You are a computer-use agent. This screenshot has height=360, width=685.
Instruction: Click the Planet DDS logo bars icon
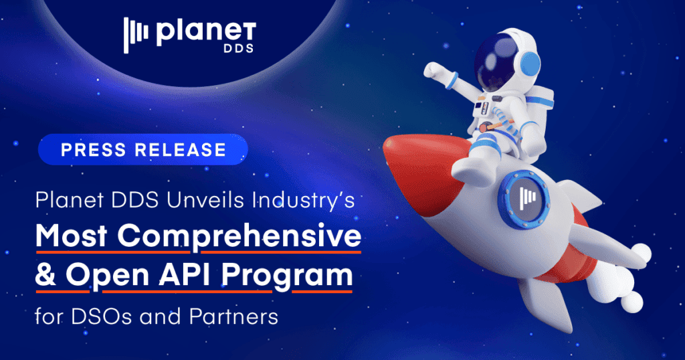(x=136, y=35)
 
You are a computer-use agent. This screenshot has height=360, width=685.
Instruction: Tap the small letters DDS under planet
(x=239, y=48)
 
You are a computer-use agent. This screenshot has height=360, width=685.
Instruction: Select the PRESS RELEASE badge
(x=143, y=149)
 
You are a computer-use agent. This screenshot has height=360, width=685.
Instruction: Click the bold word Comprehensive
(x=239, y=237)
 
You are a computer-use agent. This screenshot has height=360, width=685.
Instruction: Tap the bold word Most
(x=72, y=236)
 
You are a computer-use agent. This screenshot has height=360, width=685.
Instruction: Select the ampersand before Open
(x=46, y=275)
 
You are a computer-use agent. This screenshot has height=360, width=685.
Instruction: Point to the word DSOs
(x=101, y=317)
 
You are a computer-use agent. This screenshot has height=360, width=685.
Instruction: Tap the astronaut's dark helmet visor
(x=498, y=61)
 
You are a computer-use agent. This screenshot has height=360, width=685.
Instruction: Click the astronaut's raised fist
(x=433, y=71)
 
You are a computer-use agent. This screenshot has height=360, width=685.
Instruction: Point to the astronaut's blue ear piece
(x=529, y=65)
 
